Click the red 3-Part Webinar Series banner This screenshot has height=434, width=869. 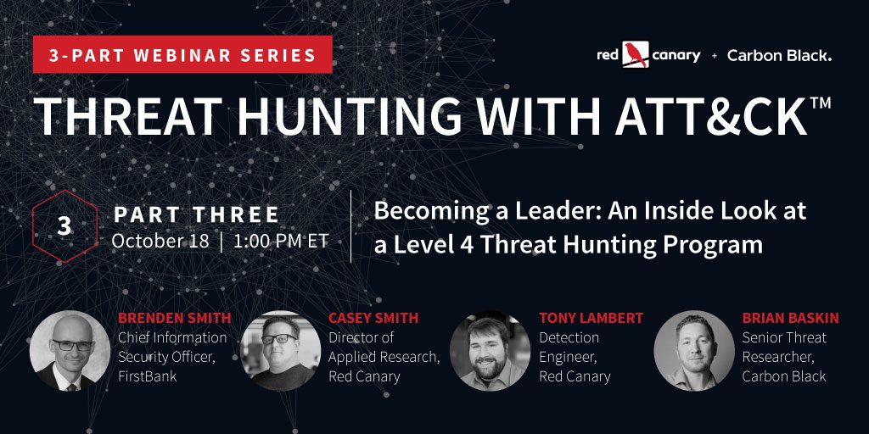pyautogui.click(x=182, y=54)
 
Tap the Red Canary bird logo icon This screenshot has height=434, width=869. pyautogui.click(x=635, y=55)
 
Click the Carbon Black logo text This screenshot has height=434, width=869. pyautogui.click(x=779, y=55)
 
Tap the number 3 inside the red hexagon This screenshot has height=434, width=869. pyautogui.click(x=64, y=225)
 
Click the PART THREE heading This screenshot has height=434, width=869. pyautogui.click(x=196, y=215)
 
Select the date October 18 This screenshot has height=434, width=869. pyautogui.click(x=160, y=242)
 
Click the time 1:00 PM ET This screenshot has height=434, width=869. pyautogui.click(x=282, y=242)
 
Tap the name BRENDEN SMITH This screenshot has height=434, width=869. pyautogui.click(x=175, y=318)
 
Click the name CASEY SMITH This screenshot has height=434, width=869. pyautogui.click(x=373, y=318)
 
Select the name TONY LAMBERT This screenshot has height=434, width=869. pyautogui.click(x=591, y=318)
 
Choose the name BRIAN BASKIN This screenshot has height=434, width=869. pyautogui.click(x=790, y=318)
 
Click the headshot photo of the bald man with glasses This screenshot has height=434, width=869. pyautogui.click(x=70, y=351)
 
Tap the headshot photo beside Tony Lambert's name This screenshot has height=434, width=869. pyautogui.click(x=490, y=351)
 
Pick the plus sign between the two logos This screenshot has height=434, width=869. pyautogui.click(x=714, y=55)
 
